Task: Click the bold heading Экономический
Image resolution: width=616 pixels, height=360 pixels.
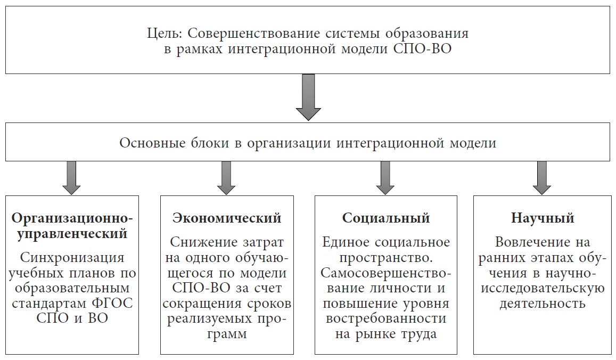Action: [x=227, y=218]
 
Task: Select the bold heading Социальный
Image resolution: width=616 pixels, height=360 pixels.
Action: [x=386, y=218]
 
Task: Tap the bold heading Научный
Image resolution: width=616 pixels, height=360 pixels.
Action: [x=543, y=218]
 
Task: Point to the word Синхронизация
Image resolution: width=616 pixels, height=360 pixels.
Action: [x=72, y=258]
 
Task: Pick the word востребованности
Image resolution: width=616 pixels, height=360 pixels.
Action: [x=386, y=320]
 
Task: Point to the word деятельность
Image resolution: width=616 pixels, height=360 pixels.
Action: [x=543, y=304]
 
